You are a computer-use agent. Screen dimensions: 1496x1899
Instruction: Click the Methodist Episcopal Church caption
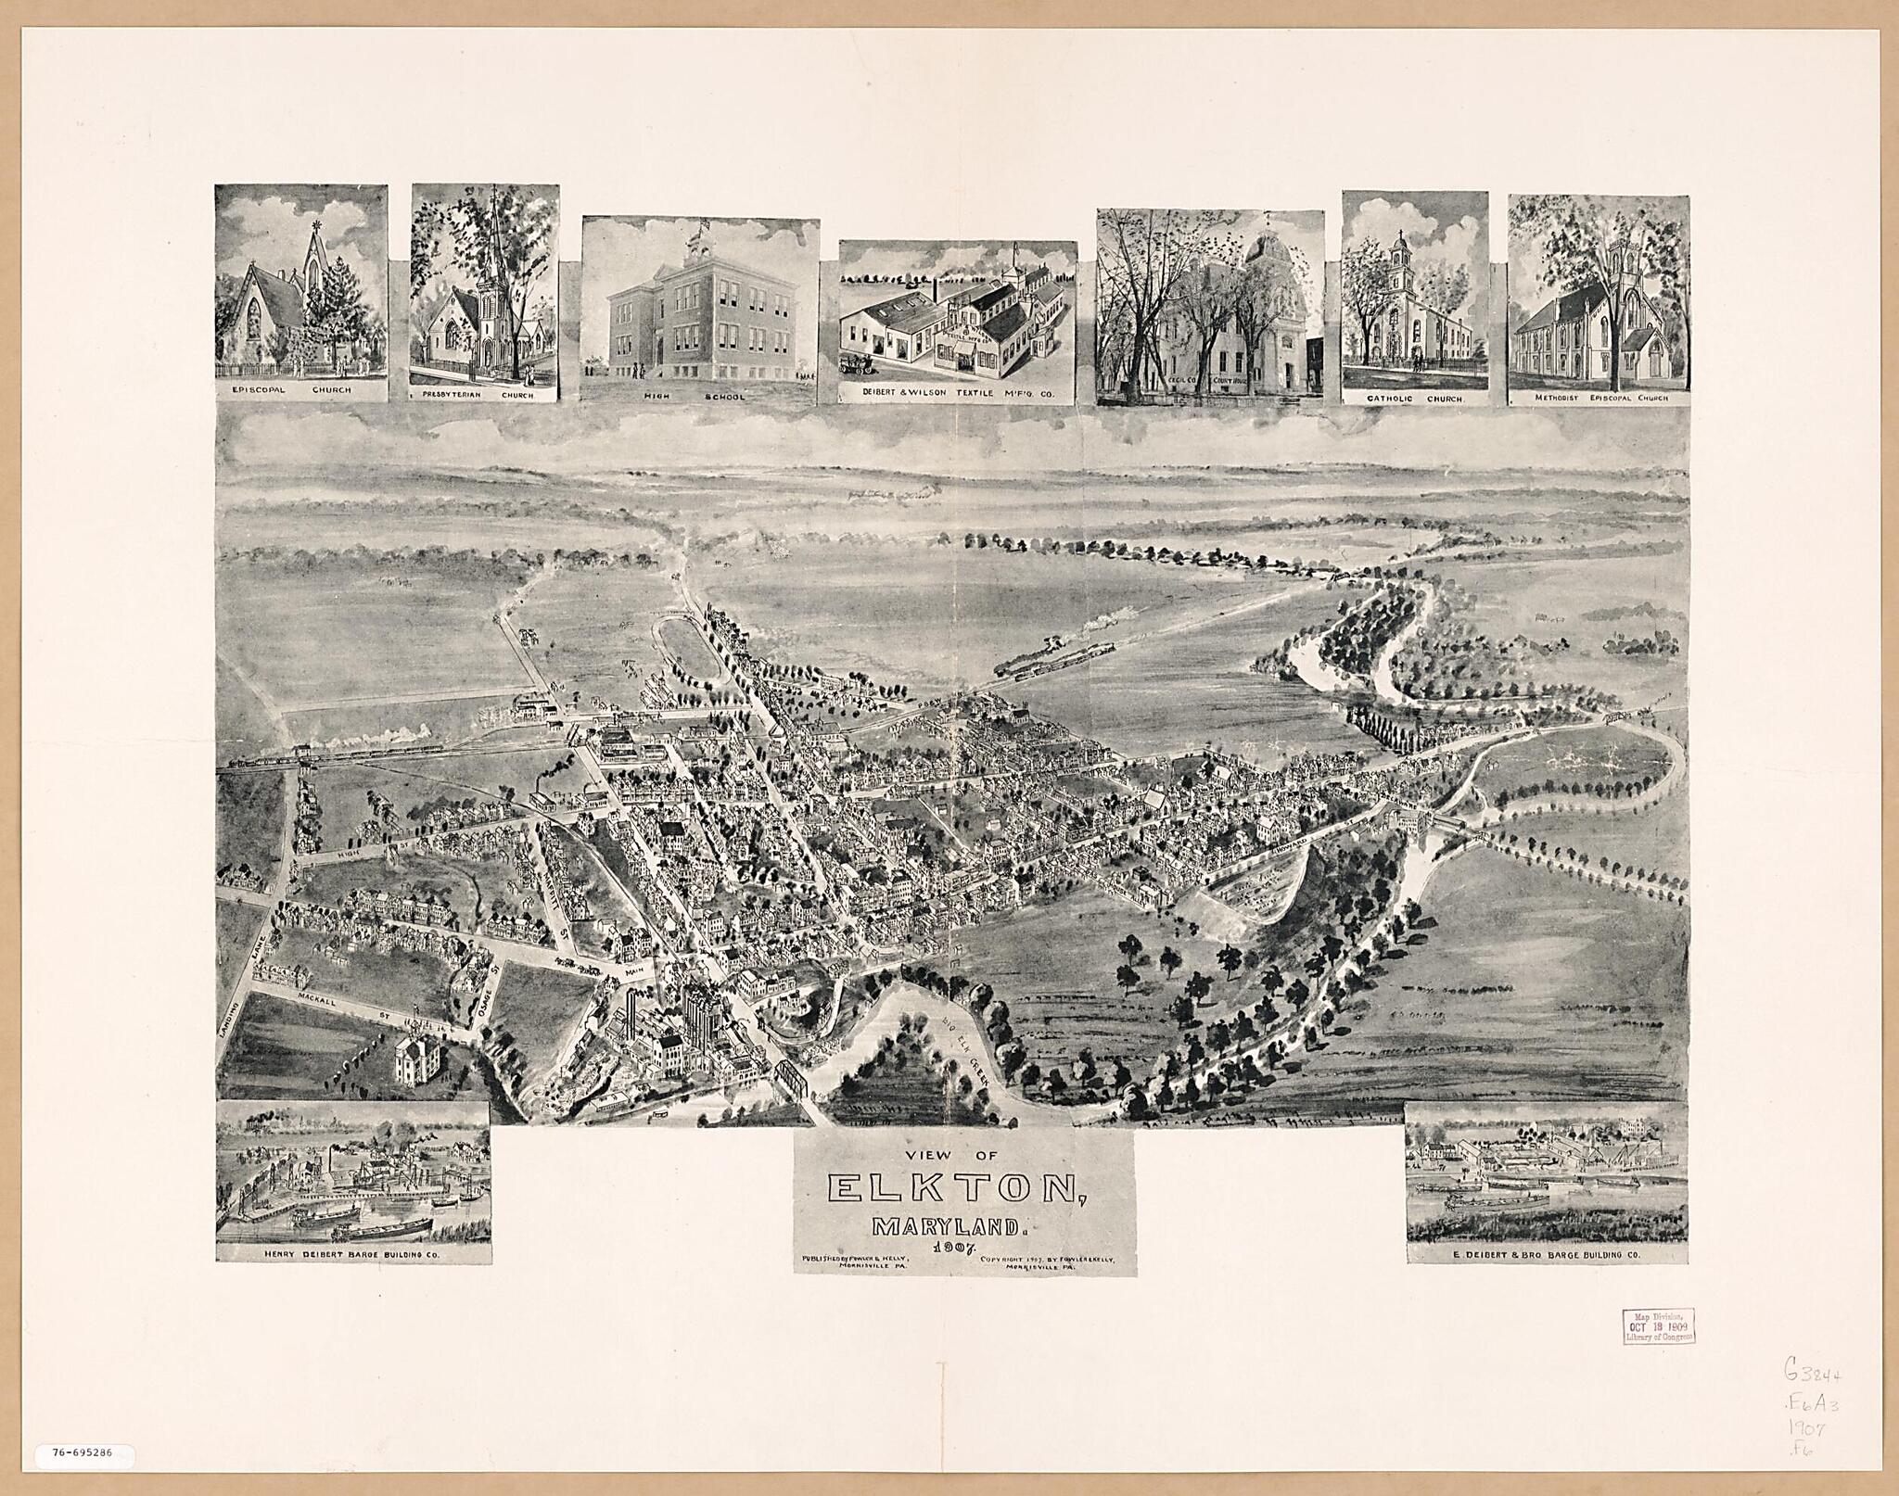[1599, 398]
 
